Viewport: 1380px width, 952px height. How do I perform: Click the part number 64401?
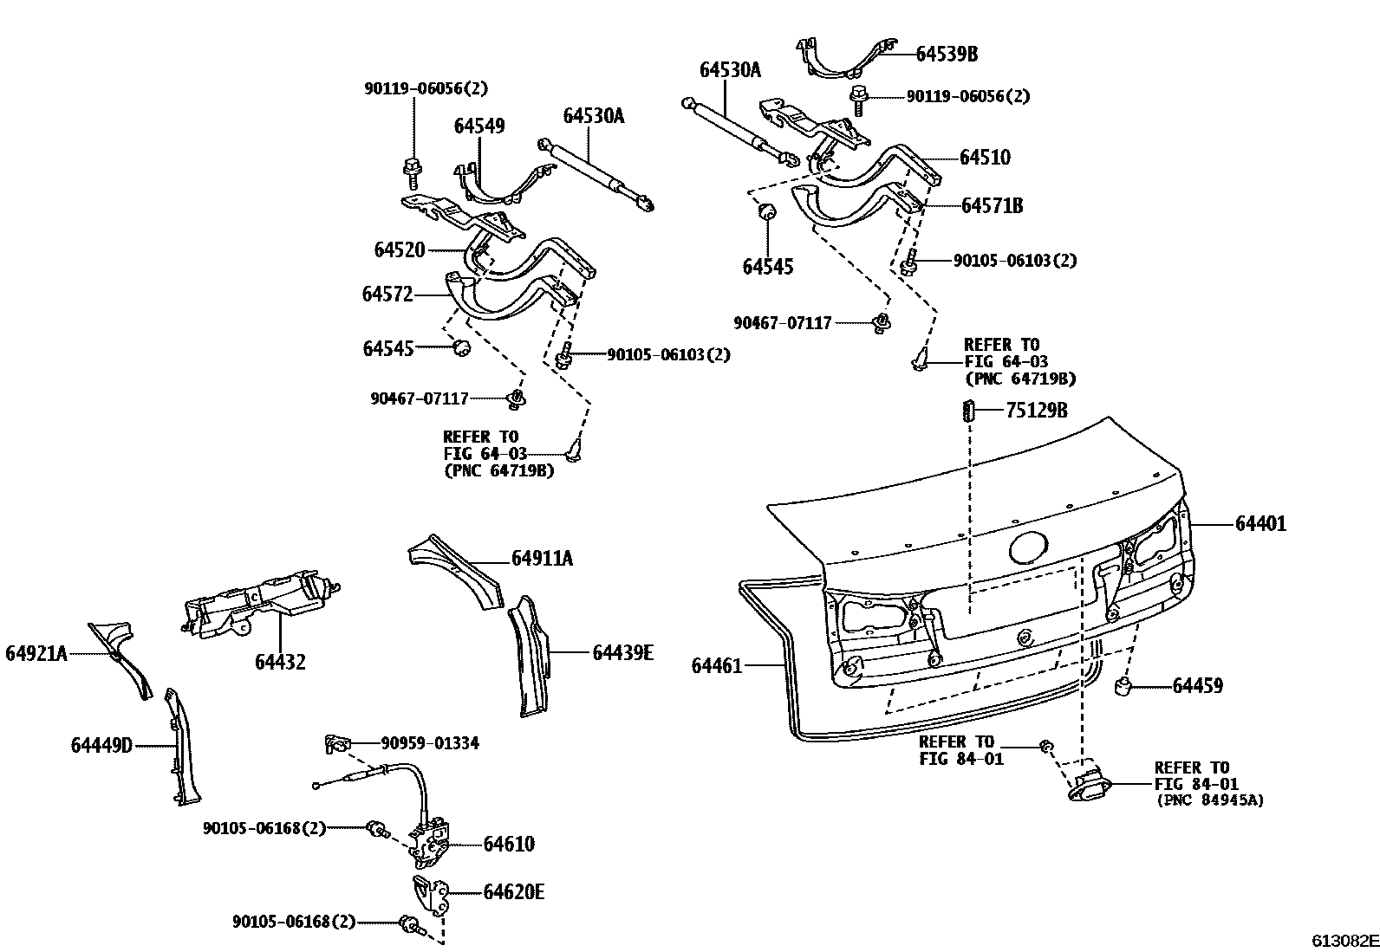[1260, 524]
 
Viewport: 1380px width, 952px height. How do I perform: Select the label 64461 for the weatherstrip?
[717, 665]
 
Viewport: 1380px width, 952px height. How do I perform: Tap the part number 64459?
[1198, 686]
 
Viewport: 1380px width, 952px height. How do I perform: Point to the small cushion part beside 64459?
[1123, 688]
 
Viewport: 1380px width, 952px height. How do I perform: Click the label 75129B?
[1036, 411]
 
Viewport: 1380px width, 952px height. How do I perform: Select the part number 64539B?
[947, 54]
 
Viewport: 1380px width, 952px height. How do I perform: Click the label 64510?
[985, 158]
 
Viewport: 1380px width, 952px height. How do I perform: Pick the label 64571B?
[992, 206]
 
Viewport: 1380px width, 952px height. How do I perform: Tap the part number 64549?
[479, 126]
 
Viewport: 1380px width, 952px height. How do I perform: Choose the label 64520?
[400, 250]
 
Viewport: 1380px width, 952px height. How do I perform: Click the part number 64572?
[387, 295]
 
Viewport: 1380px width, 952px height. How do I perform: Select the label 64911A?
[542, 559]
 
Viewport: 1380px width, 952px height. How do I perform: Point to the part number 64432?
[280, 663]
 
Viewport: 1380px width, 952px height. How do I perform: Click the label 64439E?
[622, 652]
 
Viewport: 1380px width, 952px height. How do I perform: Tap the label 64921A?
[36, 653]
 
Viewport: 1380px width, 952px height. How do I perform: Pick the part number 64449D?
[101, 745]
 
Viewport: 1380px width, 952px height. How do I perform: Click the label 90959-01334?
[430, 743]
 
